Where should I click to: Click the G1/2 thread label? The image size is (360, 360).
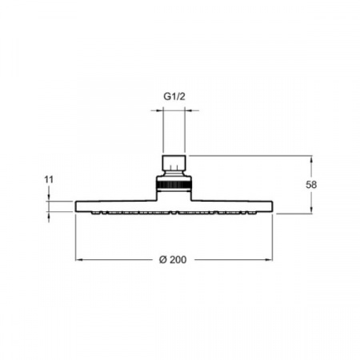(174, 96)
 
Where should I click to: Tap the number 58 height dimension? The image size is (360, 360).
(311, 185)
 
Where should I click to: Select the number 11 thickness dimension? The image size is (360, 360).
(49, 180)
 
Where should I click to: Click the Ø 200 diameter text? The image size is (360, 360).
(173, 259)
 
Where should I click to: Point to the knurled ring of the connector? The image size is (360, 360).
(174, 184)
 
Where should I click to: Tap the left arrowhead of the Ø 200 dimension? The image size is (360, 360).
(79, 259)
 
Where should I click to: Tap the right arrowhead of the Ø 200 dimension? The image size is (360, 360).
(269, 259)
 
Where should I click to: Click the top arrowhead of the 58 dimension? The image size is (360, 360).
(311, 159)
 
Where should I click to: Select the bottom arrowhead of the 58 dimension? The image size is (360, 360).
(311, 210)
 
